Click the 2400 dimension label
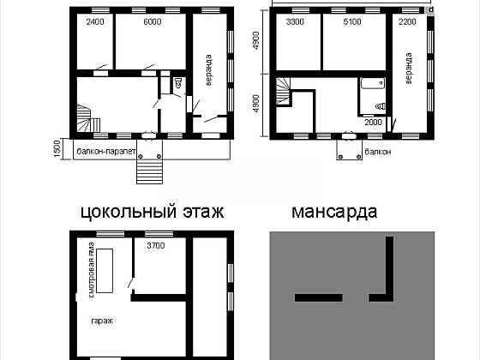(x=95, y=22)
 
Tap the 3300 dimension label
(x=295, y=22)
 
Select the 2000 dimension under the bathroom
(x=374, y=123)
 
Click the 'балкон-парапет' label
(x=107, y=149)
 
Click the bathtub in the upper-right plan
(x=371, y=84)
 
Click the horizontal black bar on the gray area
(x=319, y=297)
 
